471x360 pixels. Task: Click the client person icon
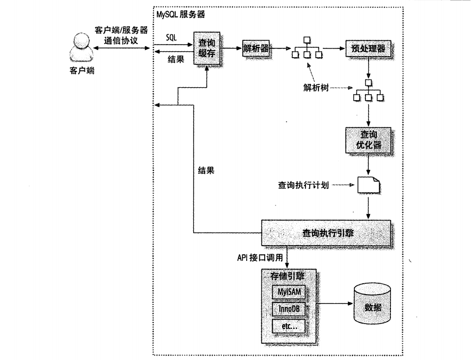[x=79, y=48]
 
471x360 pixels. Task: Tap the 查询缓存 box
[x=207, y=48]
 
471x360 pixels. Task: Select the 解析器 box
[x=256, y=48]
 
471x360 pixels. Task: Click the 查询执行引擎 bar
[x=327, y=233]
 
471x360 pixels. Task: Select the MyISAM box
[x=288, y=292]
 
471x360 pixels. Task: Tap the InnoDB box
[x=288, y=310]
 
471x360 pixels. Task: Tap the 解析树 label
[x=316, y=87]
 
